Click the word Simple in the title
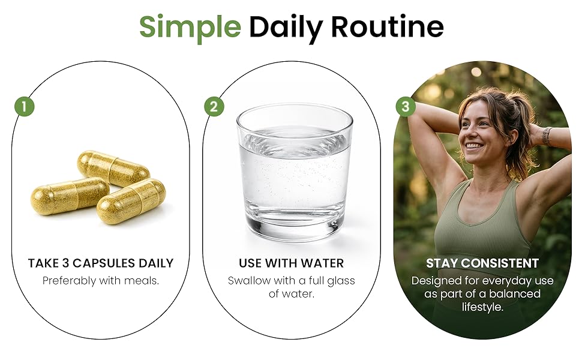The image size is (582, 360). [x=190, y=27]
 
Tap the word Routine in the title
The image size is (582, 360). [x=387, y=26]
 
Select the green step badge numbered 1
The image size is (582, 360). [x=25, y=107]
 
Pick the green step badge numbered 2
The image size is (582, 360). [x=214, y=107]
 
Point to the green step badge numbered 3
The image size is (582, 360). [x=406, y=107]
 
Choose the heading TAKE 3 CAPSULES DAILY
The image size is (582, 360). [x=101, y=263]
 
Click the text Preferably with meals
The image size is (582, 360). [x=101, y=281]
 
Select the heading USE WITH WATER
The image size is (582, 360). [x=292, y=263]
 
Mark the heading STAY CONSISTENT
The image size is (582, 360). [x=482, y=263]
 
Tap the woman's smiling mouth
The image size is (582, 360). [x=473, y=145]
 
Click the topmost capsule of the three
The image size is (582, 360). [x=113, y=168]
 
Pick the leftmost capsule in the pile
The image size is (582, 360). [x=70, y=196]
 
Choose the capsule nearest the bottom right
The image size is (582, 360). [x=131, y=201]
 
